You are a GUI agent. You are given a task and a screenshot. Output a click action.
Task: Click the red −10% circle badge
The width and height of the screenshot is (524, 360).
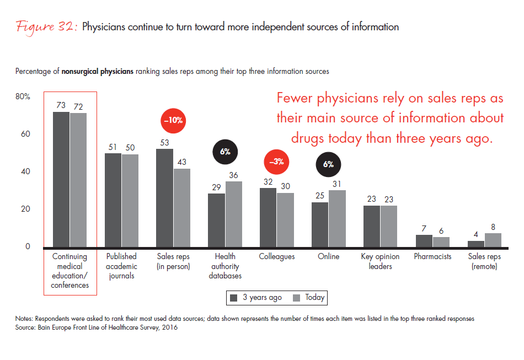(173, 119)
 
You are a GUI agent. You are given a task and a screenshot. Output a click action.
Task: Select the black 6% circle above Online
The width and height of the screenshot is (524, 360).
(328, 164)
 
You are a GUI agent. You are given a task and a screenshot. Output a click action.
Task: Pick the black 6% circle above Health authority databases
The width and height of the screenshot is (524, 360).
(225, 151)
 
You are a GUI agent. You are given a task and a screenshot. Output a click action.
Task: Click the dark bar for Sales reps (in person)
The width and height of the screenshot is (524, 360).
(165, 197)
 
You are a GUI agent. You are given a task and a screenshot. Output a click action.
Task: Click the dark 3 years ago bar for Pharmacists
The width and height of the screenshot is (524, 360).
(424, 240)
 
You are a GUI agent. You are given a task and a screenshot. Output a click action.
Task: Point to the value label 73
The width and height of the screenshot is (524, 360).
(61, 105)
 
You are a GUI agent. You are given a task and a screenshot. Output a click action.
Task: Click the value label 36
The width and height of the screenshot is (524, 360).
(234, 175)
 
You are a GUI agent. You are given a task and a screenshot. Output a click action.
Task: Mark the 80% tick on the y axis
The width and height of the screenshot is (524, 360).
(23, 96)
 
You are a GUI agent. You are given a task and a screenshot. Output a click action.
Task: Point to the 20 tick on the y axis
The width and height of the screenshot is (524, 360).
(25, 209)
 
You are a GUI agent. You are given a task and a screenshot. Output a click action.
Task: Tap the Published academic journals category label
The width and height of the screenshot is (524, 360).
(121, 266)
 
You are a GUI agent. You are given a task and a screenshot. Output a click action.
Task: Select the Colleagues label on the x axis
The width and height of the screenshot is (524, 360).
(276, 256)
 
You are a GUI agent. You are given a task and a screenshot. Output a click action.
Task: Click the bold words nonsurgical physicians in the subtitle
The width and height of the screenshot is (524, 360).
(97, 72)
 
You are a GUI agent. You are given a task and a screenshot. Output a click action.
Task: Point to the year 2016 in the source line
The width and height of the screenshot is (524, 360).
(169, 328)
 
